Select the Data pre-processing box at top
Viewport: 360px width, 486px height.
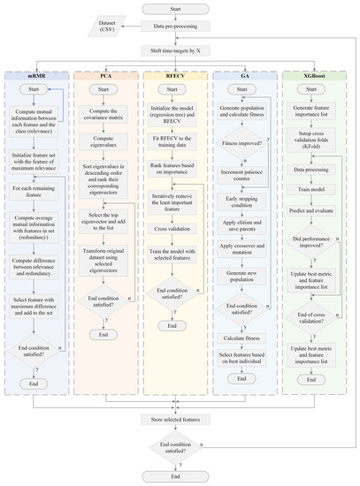click(180, 27)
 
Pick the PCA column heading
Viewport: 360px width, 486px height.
click(110, 78)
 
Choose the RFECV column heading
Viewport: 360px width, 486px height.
click(180, 78)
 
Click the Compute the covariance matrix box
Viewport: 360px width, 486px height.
click(110, 113)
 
